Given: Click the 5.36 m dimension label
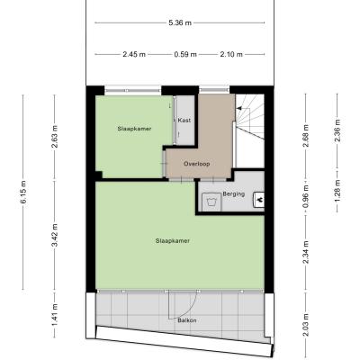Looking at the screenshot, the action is pos(180,22).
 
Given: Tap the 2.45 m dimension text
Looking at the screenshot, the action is pos(134,55).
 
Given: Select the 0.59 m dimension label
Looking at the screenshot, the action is pos(185,55).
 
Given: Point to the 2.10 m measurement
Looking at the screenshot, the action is pos(231,55).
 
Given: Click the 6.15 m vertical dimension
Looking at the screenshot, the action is pos(23,193).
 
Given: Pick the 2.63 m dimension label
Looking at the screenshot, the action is pos(55,137).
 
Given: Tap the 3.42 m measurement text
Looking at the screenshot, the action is pos(55,235).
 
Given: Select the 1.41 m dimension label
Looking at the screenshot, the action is pos(55,315).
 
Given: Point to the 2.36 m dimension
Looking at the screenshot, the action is pos(337,131).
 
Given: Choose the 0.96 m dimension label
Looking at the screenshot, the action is pos(306,196).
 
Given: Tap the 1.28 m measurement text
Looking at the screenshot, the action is pos(337,192).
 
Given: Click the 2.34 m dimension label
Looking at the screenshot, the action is pos(306,252).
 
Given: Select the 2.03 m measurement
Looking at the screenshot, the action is pos(306,325).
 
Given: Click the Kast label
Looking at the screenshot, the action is pos(184,121).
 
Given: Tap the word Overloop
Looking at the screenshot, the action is pos(197,164).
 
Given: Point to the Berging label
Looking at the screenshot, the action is pos(234,194).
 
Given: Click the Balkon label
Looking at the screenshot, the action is pos(187,320).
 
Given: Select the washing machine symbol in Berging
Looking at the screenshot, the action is pos(211,202).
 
